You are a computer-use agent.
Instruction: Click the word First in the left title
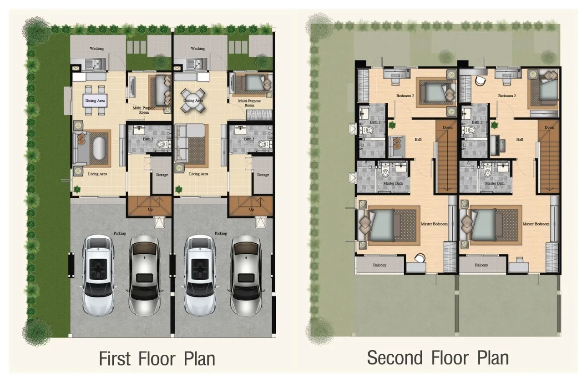tap(115, 359)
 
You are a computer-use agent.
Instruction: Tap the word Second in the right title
tap(395, 357)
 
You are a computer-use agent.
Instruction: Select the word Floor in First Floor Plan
tap(157, 359)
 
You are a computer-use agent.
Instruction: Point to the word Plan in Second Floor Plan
tap(493, 357)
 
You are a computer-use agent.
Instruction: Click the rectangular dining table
tap(95, 101)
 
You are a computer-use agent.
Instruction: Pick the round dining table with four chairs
tap(193, 101)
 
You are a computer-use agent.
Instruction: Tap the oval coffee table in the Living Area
tap(99, 148)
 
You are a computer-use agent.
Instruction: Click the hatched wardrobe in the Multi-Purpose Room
tap(259, 115)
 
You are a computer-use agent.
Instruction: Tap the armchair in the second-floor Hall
tap(396, 146)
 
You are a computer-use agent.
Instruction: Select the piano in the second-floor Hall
tap(498, 146)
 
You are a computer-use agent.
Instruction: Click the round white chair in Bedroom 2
tap(481, 80)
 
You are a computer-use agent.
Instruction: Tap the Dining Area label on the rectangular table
tap(95, 101)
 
